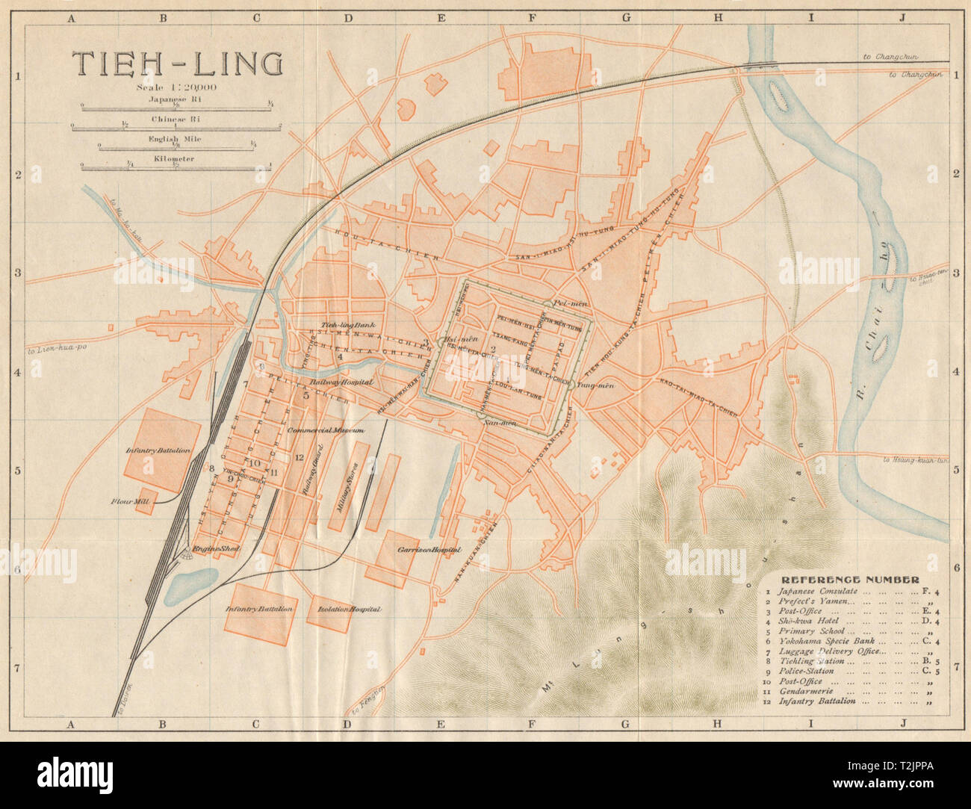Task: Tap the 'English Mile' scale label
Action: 176,139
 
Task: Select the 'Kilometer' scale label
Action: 176,158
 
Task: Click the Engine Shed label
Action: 214,550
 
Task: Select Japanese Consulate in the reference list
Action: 818,591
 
